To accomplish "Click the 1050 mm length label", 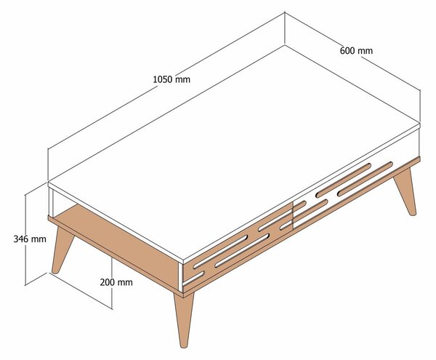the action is pos(171,79).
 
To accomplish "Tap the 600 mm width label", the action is pos(356,51).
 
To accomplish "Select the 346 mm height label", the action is pos(30,239).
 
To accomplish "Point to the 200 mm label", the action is pos(116,282).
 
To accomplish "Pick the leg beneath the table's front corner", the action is pos(183,320).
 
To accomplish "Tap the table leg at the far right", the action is pos(405,192).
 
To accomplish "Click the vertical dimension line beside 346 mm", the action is pos(25,240).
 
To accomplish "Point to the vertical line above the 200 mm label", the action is pos(112,267).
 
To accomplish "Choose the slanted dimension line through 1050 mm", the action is pos(166,80).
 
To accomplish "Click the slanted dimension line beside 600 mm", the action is pos(352,51).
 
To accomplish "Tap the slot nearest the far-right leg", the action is pos(365,179).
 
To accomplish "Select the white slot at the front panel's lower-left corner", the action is pos(193,279).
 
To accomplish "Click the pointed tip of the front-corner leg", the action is pos(183,347).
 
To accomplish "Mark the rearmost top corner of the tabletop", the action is pos(285,44).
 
